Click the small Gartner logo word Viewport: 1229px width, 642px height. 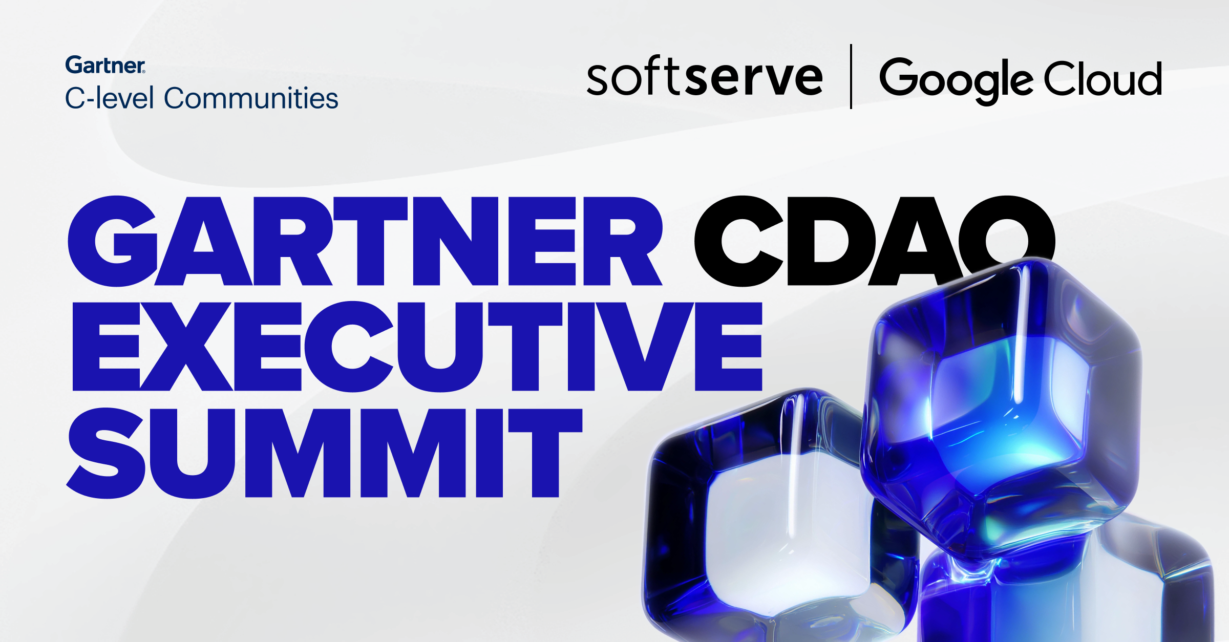click(105, 65)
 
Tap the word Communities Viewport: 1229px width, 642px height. click(251, 98)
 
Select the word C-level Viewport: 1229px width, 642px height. click(110, 98)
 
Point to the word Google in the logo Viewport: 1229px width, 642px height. click(956, 80)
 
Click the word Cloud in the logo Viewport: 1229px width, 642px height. click(1103, 79)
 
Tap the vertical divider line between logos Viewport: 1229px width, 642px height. click(851, 77)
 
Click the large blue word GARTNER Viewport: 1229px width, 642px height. click(365, 241)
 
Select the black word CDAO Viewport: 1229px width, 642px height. click(875, 241)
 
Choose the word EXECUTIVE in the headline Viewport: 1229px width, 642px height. click(417, 347)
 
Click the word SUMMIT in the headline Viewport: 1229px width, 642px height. click(325, 453)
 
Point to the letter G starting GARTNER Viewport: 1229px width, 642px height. click(113, 241)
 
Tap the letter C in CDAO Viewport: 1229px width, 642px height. click(738, 241)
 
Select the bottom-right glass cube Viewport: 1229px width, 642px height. click(1068, 589)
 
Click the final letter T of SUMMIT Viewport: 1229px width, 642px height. click(545, 453)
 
